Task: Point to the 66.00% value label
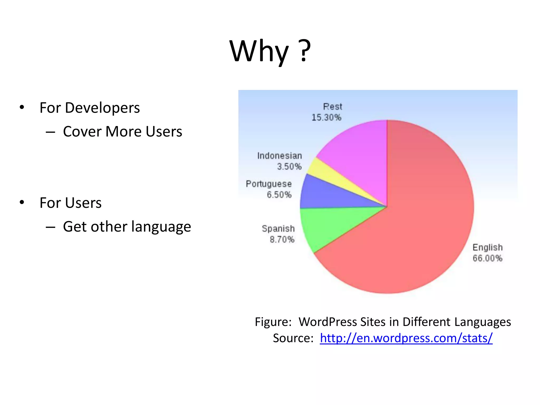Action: [x=487, y=258]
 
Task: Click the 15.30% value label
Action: [x=326, y=117]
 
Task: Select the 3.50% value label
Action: [x=289, y=167]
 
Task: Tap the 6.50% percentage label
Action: [x=279, y=195]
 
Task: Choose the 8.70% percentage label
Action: [x=282, y=239]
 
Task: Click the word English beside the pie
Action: [x=488, y=247]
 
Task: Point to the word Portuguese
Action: [x=269, y=184]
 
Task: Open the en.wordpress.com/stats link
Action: [x=406, y=338]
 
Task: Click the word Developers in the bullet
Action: [x=102, y=108]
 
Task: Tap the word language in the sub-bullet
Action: [x=161, y=227]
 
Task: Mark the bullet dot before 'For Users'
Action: [x=22, y=202]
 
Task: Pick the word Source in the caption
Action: [x=292, y=338]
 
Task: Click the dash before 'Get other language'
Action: [x=50, y=227]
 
